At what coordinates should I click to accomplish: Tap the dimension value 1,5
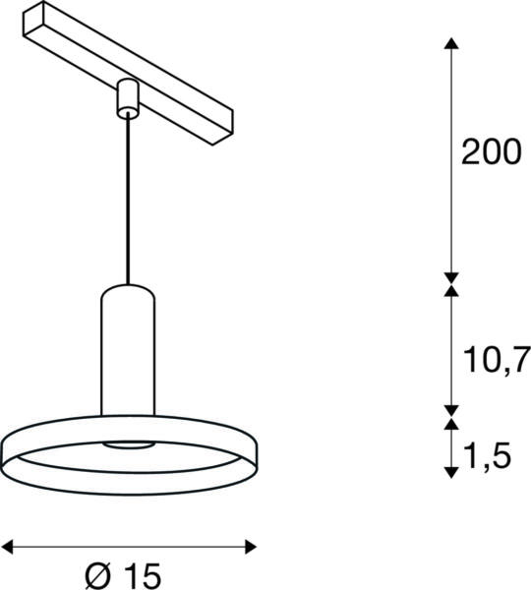(x=487, y=456)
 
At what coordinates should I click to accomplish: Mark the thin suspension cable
(x=126, y=197)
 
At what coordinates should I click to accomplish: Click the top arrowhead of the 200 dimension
(x=451, y=42)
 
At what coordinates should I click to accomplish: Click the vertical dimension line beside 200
(x=451, y=157)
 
